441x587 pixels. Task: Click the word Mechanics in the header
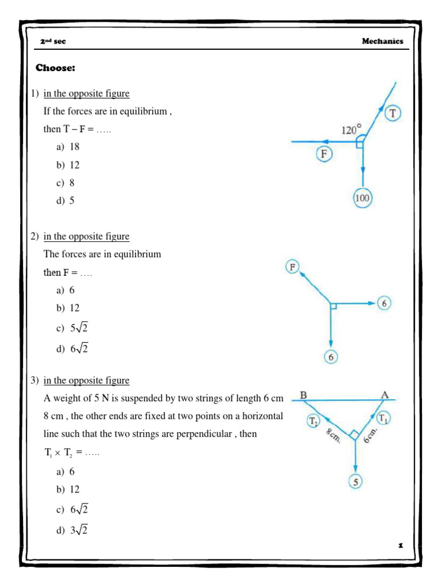[382, 41]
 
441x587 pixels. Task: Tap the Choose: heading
[56, 68]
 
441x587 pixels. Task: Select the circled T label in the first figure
[393, 114]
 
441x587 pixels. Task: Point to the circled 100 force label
[363, 198]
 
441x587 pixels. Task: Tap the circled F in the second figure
[293, 267]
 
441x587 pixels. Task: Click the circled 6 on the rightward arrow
[385, 304]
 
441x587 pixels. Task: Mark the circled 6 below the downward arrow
[331, 357]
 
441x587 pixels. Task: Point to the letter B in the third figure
[303, 395]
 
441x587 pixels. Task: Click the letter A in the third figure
[385, 394]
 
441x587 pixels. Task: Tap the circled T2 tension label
[314, 421]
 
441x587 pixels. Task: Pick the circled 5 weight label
[356, 482]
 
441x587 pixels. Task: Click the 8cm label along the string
[332, 436]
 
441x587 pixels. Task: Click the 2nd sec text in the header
[55, 42]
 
